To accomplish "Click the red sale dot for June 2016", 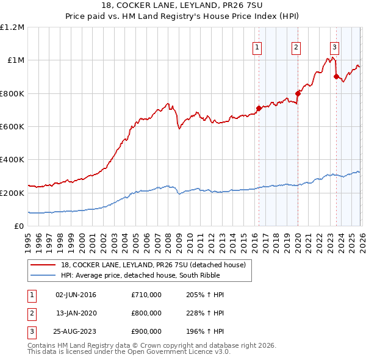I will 258,109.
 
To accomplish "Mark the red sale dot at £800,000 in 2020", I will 297,93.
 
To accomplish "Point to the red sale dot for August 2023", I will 336,77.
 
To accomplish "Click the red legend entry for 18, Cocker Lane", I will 152,265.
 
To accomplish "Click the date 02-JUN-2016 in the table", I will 76,295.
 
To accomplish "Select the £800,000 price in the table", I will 146,313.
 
